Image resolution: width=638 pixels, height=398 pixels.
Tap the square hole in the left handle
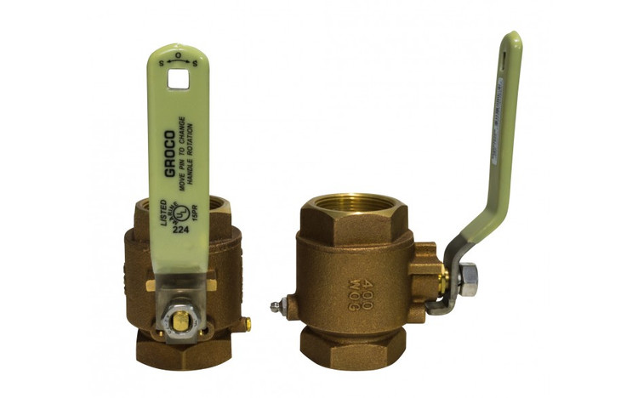(178, 78)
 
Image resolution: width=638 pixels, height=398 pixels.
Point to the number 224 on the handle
(180, 227)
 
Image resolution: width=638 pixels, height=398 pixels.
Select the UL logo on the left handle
(179, 209)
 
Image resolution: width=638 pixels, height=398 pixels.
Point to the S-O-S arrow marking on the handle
(178, 60)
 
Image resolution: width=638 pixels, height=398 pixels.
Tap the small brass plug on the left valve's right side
(248, 323)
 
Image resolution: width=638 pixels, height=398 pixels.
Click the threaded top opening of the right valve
(352, 204)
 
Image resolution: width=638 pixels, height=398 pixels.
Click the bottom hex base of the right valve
(351, 345)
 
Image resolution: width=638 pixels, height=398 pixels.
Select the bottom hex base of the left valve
(183, 348)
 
